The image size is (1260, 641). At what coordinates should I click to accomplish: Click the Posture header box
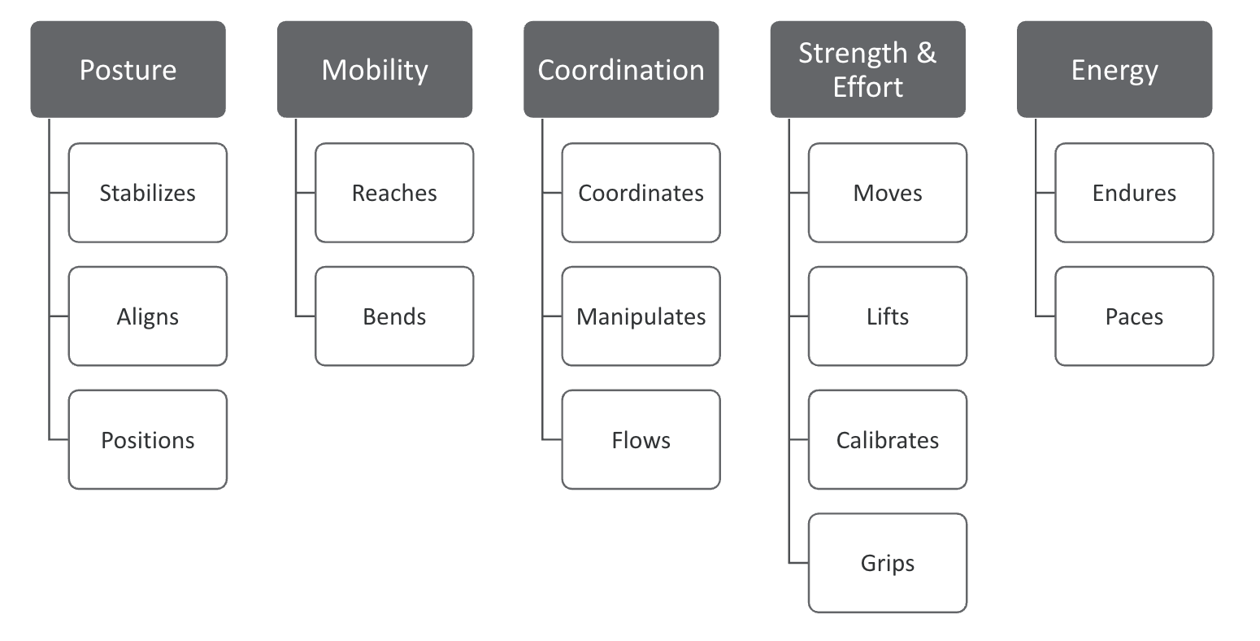tap(128, 70)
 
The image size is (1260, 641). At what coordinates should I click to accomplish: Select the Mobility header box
tap(375, 70)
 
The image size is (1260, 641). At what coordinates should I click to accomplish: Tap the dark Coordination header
tap(621, 70)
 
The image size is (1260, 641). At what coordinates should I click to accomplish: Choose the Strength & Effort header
tap(867, 70)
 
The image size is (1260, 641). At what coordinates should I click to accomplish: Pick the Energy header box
tap(1114, 70)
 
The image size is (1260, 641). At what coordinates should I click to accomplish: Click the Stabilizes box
tap(148, 193)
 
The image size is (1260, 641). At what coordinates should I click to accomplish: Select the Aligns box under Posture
tap(148, 316)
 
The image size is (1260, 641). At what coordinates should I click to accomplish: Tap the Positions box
tap(148, 440)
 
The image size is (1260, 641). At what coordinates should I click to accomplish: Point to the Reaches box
tap(394, 193)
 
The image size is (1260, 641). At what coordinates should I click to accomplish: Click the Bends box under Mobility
tap(394, 316)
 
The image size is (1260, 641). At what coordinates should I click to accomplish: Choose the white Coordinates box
tap(641, 193)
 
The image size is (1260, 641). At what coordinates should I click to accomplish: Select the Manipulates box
tap(641, 316)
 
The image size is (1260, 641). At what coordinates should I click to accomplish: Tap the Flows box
tap(641, 440)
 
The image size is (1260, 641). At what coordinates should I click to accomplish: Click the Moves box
tap(888, 193)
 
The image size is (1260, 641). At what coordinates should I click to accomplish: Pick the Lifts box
tap(888, 316)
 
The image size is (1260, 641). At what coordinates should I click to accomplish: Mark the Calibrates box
tap(888, 440)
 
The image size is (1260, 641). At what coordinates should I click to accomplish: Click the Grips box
tap(888, 563)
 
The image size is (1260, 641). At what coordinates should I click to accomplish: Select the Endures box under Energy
tap(1134, 193)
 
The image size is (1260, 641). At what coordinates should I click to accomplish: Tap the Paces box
tap(1134, 316)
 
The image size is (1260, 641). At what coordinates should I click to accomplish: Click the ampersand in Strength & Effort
tap(927, 53)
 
